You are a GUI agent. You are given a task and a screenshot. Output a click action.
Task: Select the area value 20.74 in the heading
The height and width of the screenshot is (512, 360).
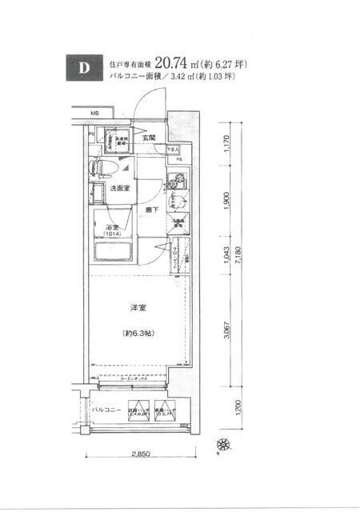coord(174,62)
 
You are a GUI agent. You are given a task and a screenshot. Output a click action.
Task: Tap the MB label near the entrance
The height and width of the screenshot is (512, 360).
coord(94,113)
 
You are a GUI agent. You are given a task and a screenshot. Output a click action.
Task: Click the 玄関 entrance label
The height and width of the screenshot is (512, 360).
coord(149,137)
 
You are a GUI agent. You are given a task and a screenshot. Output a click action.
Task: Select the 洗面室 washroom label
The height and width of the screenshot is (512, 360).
coord(121,189)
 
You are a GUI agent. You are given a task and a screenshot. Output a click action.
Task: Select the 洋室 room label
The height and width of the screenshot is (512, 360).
coord(137,306)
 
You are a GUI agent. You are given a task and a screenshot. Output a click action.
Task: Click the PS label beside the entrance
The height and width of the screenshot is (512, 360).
coord(179,158)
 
